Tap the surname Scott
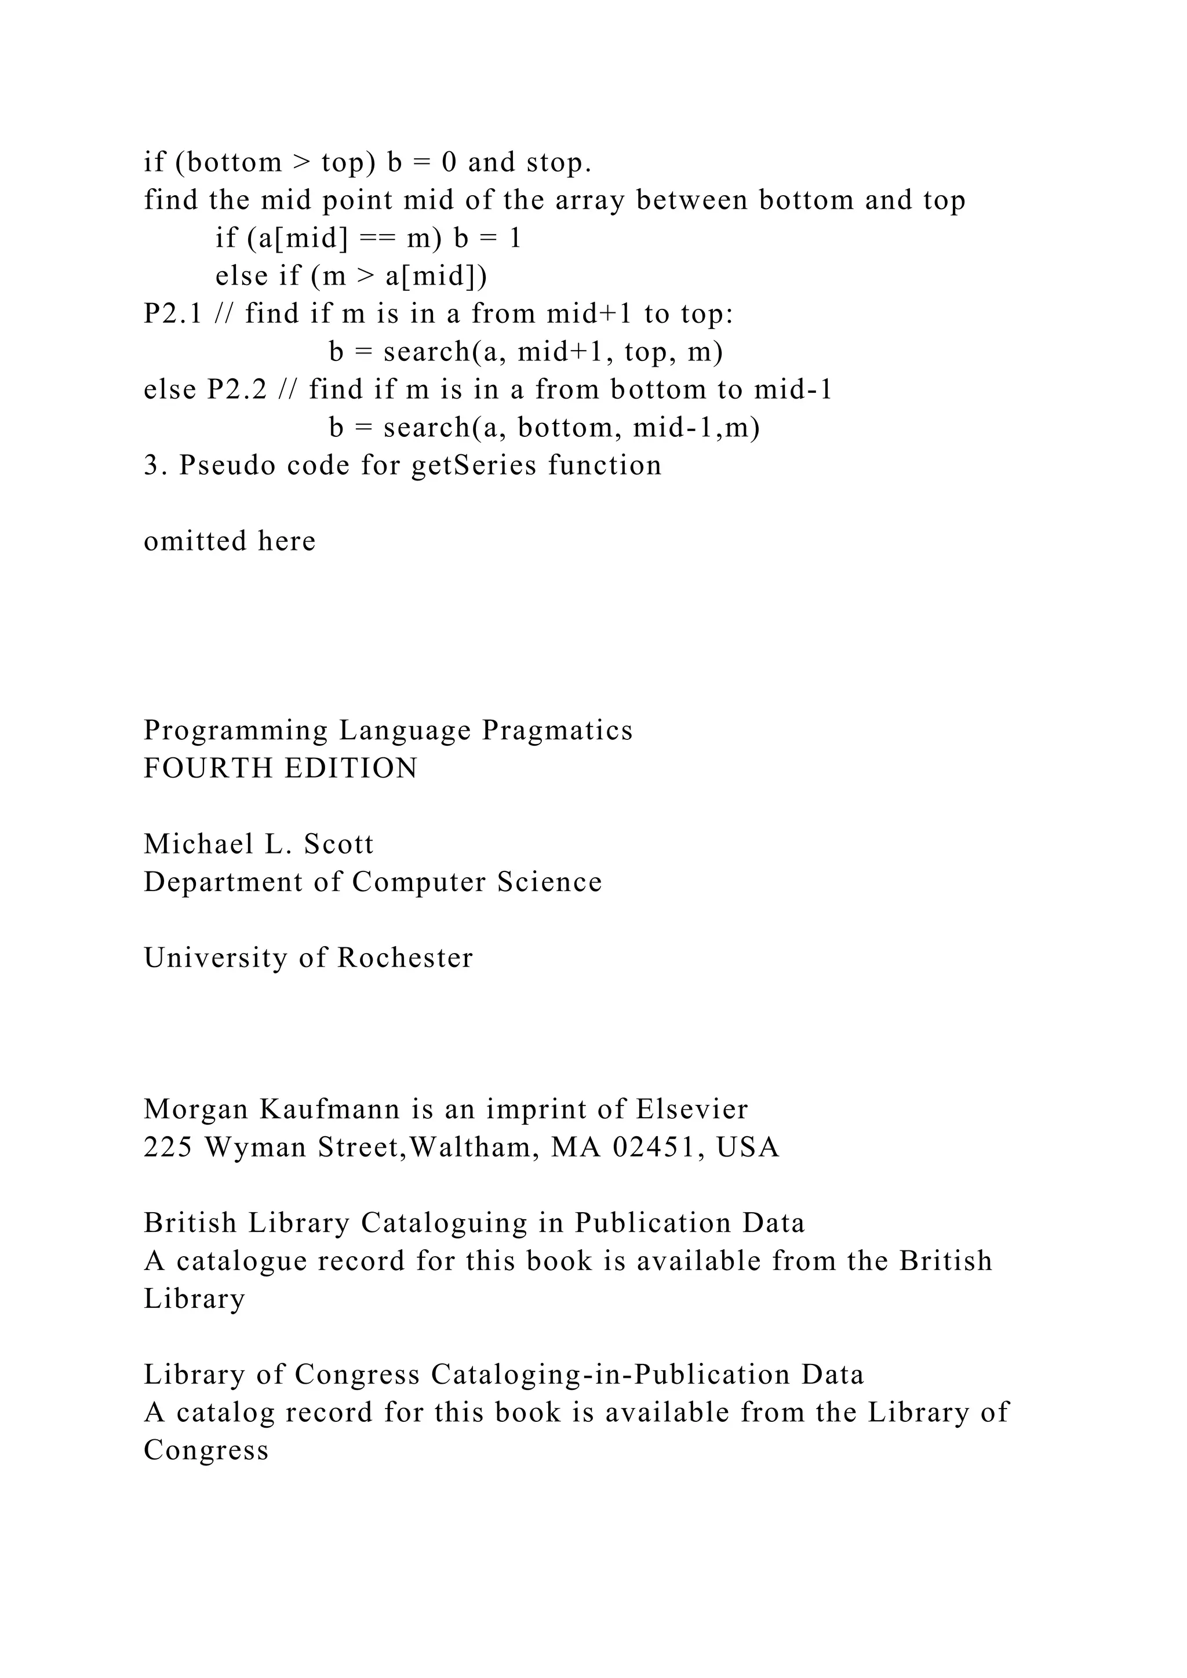pos(338,844)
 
